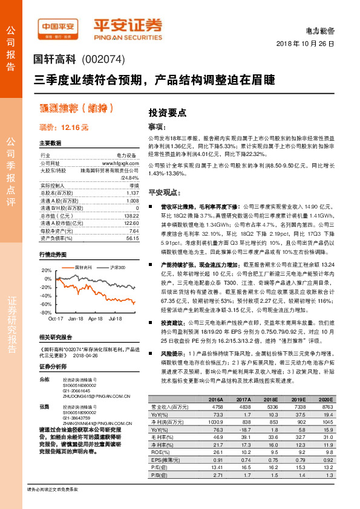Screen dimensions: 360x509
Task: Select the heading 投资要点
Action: coord(168,112)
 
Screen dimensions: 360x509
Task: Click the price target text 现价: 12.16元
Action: coord(64,128)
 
